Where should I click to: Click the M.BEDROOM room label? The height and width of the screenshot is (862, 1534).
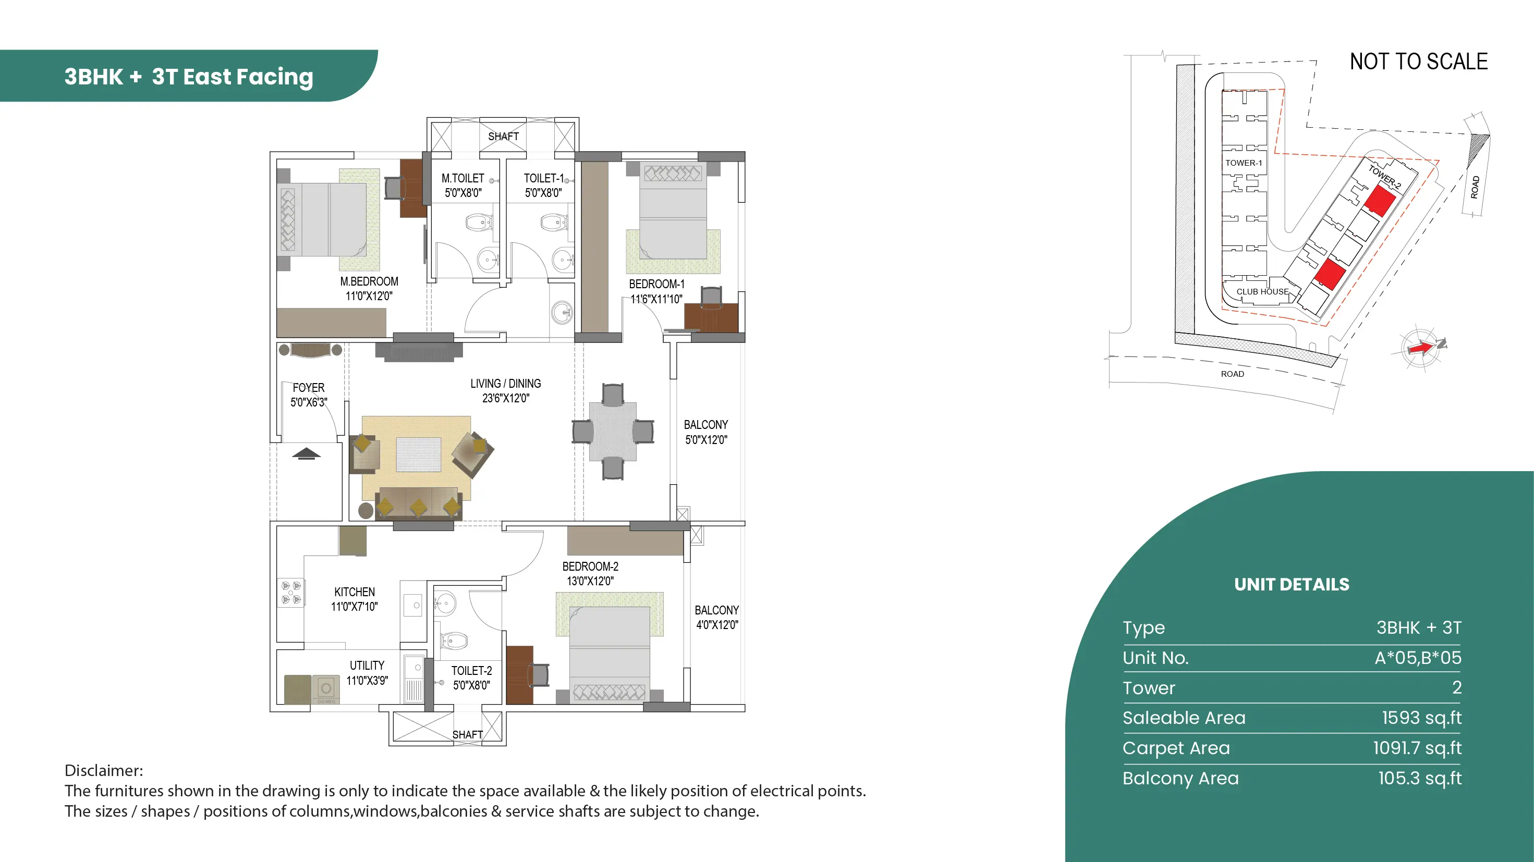tap(369, 281)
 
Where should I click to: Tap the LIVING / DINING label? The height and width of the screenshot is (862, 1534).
tap(506, 384)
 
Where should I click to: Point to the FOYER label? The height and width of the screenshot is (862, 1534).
tap(309, 388)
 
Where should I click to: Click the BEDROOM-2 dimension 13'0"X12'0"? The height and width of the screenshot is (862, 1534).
tap(590, 581)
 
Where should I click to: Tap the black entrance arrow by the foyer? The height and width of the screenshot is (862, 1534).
tap(306, 453)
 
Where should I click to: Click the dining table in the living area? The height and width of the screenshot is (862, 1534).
tap(613, 432)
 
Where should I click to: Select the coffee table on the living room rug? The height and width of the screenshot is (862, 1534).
tap(419, 455)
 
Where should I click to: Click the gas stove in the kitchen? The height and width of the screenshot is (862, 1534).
tap(291, 593)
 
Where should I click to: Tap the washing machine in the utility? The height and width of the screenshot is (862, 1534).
tap(326, 689)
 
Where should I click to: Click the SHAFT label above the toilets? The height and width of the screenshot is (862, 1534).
tap(503, 137)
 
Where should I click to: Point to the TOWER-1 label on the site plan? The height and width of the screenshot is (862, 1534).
tap(1244, 163)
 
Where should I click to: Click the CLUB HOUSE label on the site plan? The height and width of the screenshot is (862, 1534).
tap(1262, 292)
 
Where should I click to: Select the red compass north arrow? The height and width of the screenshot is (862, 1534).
tap(1421, 348)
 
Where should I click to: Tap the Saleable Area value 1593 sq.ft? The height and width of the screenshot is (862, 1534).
tap(1421, 718)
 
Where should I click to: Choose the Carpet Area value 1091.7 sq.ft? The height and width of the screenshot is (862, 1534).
tap(1417, 748)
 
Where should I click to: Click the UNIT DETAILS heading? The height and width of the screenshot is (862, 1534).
tap(1292, 585)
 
